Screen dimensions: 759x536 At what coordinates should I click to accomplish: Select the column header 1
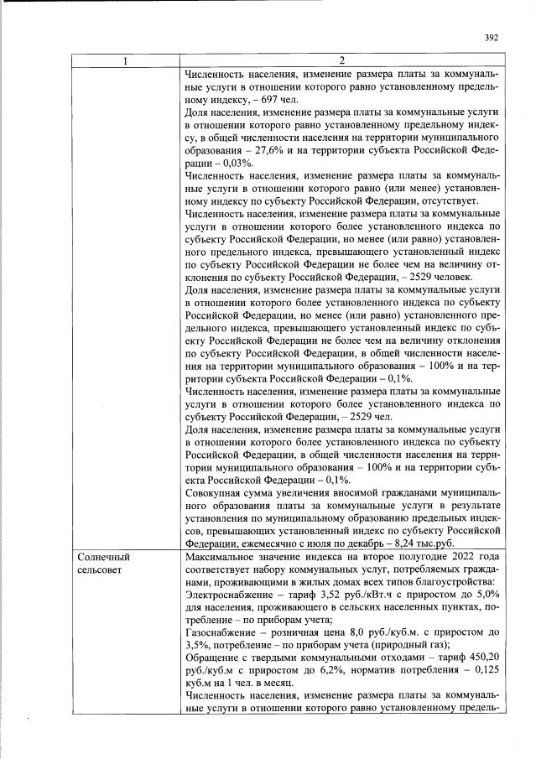pyautogui.click(x=127, y=60)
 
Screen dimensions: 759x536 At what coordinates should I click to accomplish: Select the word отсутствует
pyautogui.click(x=447, y=201)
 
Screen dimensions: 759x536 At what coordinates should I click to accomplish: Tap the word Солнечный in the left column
pyautogui.click(x=104, y=556)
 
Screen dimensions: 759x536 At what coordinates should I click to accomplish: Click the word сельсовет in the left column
pyautogui.click(x=101, y=569)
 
